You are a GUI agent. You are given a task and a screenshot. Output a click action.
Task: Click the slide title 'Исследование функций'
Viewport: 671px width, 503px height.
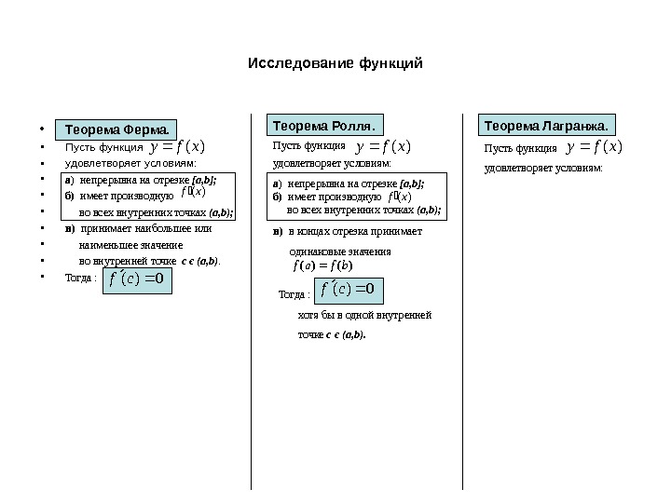point(335,64)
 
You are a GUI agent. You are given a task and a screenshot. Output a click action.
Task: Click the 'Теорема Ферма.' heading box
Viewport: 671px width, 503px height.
point(116,129)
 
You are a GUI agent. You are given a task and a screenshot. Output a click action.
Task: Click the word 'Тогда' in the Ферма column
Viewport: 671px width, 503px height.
point(78,277)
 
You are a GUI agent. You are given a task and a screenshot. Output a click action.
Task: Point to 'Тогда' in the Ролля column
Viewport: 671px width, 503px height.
point(294,295)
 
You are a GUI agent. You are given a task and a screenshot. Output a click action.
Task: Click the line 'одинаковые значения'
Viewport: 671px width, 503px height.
point(340,251)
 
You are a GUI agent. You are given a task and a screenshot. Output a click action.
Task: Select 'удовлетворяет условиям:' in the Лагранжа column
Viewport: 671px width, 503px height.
point(543,169)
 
